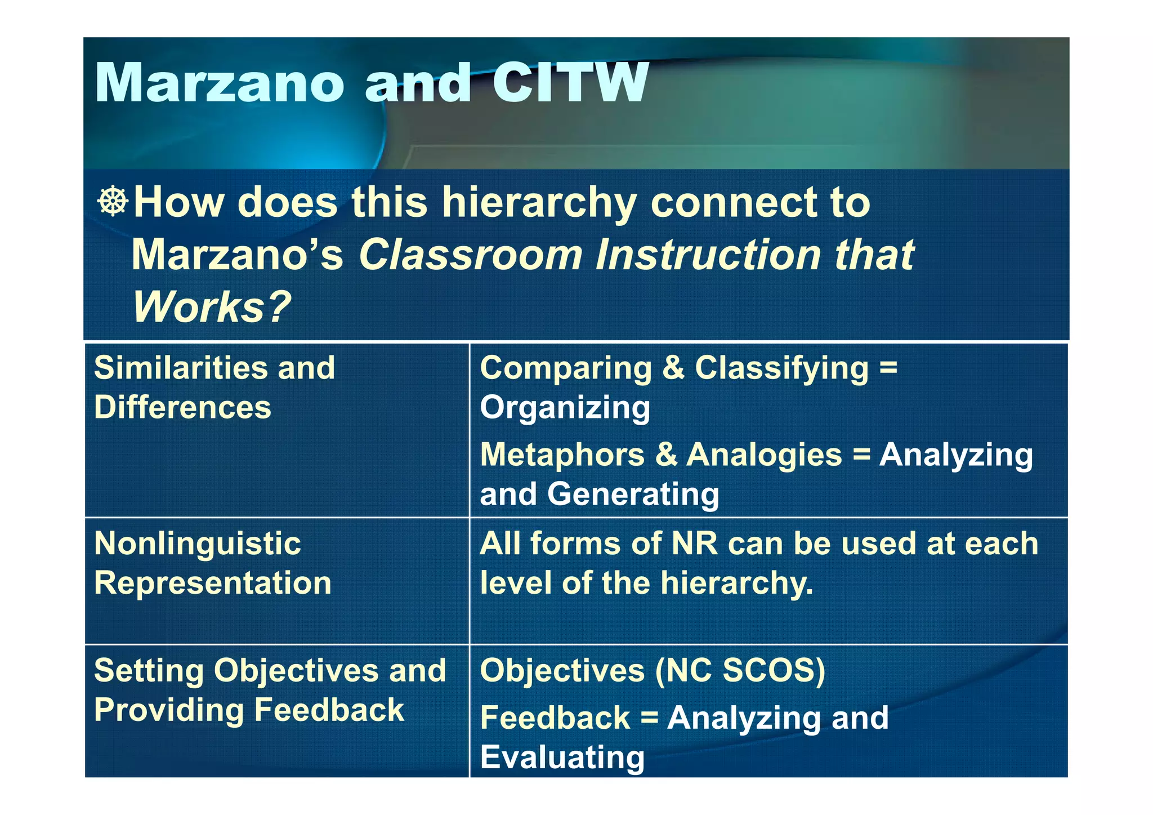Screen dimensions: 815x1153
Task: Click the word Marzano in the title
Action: point(220,83)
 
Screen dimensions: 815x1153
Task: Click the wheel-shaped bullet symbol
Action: point(113,201)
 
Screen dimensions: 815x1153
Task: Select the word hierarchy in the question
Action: point(539,203)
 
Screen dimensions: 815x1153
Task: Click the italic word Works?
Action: point(211,307)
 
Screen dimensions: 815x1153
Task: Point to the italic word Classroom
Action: point(470,255)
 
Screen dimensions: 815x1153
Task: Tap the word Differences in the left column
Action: point(182,407)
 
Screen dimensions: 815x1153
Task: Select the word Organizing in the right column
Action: point(565,408)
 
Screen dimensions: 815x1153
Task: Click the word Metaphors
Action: point(562,454)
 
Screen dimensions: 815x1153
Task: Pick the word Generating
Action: point(633,494)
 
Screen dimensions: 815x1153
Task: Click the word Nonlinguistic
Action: point(198,544)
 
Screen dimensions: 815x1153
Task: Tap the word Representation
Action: point(213,583)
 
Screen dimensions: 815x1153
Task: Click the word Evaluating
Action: point(562,757)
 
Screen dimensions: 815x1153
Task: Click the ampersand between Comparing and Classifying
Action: point(673,368)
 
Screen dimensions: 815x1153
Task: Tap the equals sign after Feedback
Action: point(649,718)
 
